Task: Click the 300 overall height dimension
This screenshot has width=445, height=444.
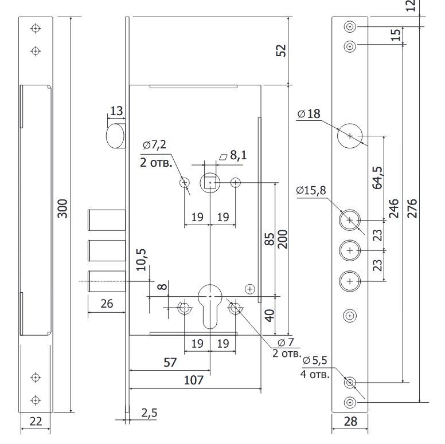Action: tap(63, 209)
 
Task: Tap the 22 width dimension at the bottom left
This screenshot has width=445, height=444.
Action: tap(36, 422)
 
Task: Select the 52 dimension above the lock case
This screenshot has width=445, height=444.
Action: tap(281, 50)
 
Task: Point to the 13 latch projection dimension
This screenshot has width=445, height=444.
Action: tap(116, 111)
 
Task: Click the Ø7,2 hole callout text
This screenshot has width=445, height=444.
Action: tap(155, 145)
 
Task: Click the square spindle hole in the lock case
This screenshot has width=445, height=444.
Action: tap(210, 183)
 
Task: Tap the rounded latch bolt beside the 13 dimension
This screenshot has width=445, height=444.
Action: tap(115, 136)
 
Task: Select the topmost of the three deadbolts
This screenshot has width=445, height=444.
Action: tap(107, 220)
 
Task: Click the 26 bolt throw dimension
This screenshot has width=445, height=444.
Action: tap(107, 304)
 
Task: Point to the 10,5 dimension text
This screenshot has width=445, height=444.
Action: tap(141, 260)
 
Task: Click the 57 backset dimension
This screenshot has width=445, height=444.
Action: tap(170, 362)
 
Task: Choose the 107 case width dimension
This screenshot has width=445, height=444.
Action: tap(194, 380)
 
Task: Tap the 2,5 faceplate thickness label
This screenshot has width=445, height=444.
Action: tap(149, 413)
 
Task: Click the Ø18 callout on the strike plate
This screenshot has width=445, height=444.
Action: tap(309, 113)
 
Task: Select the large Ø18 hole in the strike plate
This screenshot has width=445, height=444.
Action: tap(350, 136)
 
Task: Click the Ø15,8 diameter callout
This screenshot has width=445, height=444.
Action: tap(311, 190)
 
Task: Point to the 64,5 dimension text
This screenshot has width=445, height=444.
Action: tap(377, 178)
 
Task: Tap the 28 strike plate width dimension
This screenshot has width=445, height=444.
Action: tap(350, 422)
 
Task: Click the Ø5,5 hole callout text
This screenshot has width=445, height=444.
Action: tap(315, 360)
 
